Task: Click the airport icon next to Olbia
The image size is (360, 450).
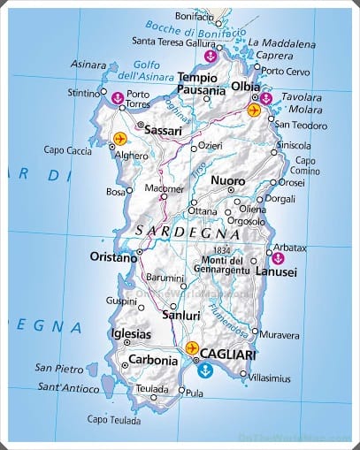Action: click(255, 111)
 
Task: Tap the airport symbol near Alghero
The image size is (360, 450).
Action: click(120, 139)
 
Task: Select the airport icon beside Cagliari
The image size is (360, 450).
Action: click(192, 348)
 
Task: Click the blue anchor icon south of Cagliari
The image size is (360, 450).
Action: click(208, 367)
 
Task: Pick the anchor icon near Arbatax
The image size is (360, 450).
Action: click(278, 258)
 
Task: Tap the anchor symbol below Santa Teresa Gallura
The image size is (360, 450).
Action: click(210, 56)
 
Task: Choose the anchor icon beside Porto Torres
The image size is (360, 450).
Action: click(118, 97)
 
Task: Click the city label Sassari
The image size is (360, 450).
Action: click(162, 130)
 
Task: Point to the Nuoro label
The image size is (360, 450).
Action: click(228, 180)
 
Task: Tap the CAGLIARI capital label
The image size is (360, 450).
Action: click(228, 353)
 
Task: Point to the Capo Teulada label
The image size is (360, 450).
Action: click(114, 419)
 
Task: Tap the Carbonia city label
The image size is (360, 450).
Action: click(154, 360)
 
